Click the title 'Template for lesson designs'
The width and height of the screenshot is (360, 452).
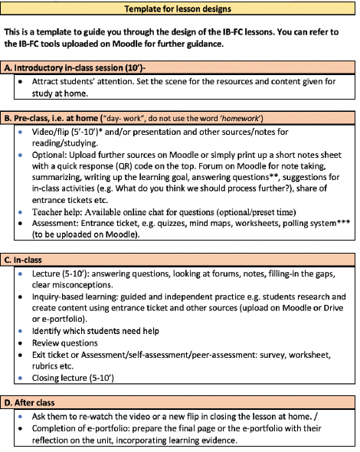pos(178,9)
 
